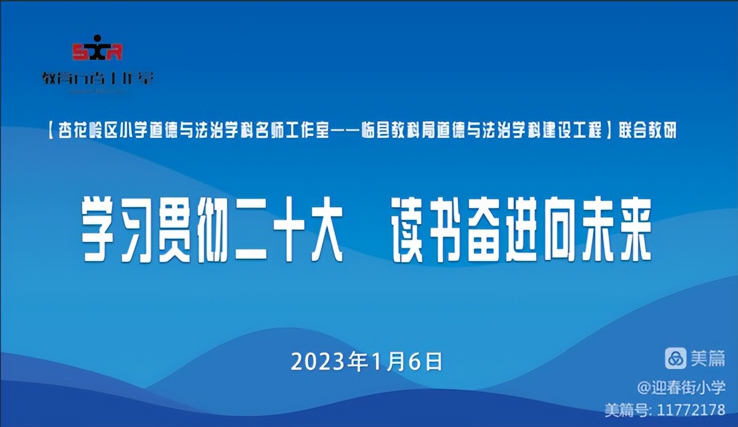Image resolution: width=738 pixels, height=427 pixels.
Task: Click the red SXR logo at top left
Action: [x=97, y=50]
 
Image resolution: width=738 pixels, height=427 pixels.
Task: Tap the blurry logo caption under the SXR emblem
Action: [x=97, y=78]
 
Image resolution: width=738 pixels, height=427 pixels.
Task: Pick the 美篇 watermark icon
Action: [x=675, y=358]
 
